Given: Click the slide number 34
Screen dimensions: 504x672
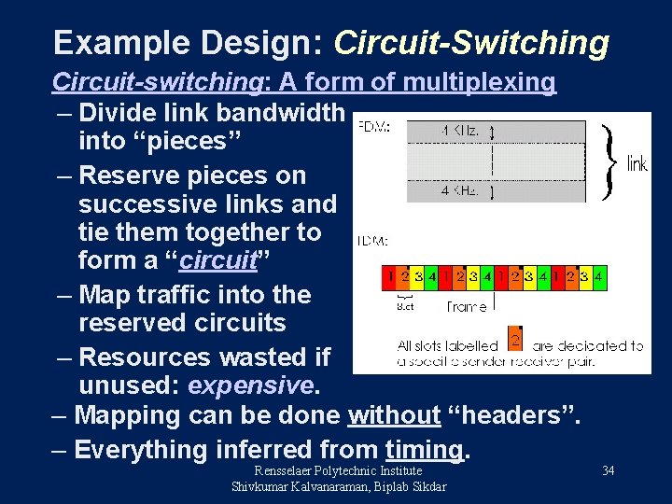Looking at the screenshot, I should (608, 470).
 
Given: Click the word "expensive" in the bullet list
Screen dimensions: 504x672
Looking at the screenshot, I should (252, 385).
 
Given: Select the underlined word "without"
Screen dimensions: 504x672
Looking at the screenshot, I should (394, 415).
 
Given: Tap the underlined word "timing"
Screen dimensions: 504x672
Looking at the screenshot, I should (424, 450).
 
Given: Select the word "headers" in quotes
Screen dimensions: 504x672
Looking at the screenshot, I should (511, 415).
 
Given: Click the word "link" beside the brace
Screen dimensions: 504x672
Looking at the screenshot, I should (637, 165).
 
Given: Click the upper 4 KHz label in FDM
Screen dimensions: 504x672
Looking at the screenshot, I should (460, 132).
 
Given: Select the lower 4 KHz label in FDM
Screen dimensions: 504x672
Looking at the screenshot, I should (460, 191).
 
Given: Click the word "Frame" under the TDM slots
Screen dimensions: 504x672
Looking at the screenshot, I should (466, 305).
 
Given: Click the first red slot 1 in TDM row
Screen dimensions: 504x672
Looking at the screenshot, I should (390, 277).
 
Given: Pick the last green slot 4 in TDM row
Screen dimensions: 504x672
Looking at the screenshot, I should (599, 277).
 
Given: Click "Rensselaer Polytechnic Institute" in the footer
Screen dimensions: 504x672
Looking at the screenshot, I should (339, 471).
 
